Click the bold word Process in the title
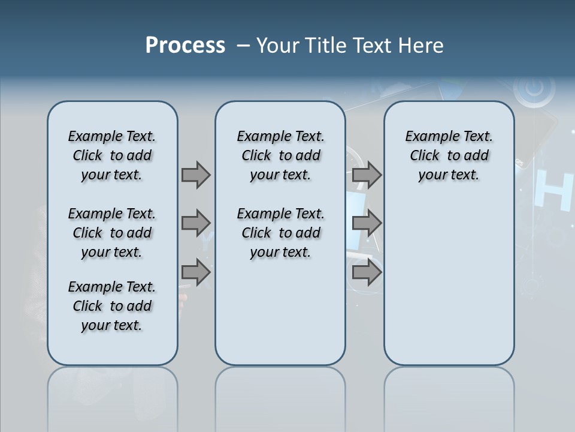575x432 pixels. pos(185,46)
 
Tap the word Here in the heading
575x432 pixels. pos(420,46)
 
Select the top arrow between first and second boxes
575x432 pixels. pos(196,175)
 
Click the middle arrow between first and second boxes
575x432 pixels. pos(196,223)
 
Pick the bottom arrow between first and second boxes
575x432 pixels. pos(196,272)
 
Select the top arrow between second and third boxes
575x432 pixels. pos(367,175)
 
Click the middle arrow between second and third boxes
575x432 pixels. pos(367,223)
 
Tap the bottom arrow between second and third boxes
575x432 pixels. pos(367,272)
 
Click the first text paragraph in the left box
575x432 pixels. pos(112,155)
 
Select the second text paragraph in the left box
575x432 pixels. pos(112,233)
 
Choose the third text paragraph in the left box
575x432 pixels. pos(112,306)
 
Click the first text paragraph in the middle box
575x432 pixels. pos(280,155)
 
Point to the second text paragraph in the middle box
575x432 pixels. pos(280,233)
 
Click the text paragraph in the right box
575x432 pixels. pos(449,155)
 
